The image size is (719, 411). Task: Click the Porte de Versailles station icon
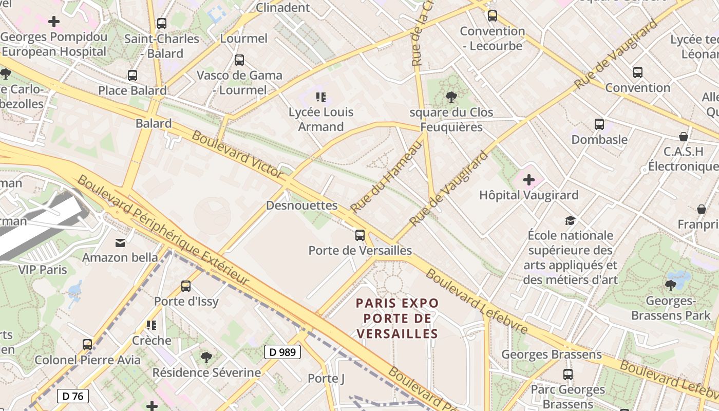coord(360,235)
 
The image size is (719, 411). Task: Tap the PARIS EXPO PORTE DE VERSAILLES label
coord(398,318)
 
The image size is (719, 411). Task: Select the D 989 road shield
coord(282,352)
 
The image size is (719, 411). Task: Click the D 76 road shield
coord(72,396)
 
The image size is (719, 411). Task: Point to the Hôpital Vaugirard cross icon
coord(528,180)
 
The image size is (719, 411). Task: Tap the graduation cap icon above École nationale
coord(570,220)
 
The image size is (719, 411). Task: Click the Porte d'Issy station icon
coord(186,286)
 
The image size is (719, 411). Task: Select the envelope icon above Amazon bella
coord(120,242)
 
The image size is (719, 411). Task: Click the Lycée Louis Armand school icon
coord(321,97)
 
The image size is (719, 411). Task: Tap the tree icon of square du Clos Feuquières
coord(451,97)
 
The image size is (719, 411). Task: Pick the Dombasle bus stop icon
coord(599,124)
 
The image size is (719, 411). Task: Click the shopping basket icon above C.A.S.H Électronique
coord(683,137)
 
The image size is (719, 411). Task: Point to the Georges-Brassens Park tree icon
coord(670,285)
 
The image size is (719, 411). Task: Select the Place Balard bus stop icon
coord(133,76)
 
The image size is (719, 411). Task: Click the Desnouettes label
coord(301,206)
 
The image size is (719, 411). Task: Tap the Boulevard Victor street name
coord(237,154)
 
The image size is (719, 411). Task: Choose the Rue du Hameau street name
coord(386,176)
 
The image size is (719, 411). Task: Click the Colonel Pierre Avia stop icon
coord(87,344)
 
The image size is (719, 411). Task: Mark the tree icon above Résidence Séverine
coord(206,357)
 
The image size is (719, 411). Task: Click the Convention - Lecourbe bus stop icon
coord(493,16)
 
